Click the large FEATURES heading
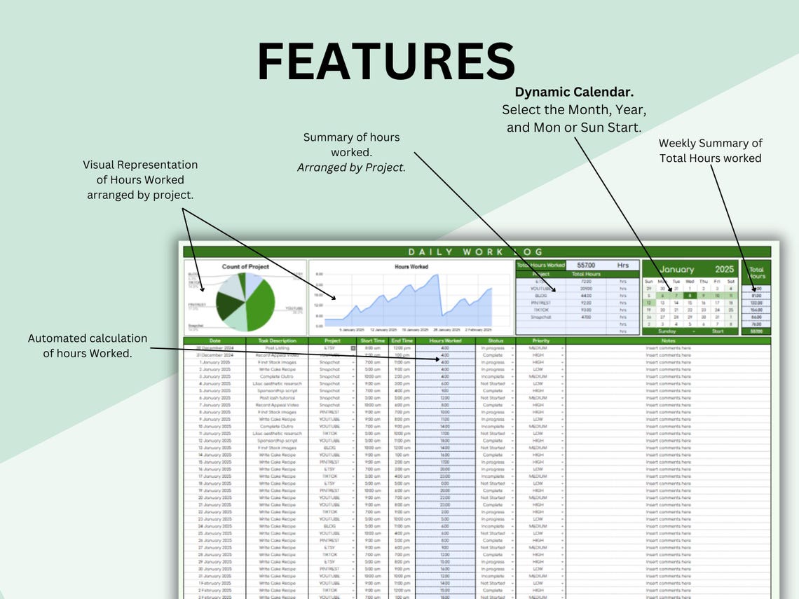coord(386,62)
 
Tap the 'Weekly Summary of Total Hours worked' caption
coord(710,151)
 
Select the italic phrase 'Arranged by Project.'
coord(351,167)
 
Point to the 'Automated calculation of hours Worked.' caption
coord(88,345)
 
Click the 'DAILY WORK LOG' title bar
coord(477,252)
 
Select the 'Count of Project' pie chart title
coord(245,267)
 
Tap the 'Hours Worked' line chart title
coord(411,267)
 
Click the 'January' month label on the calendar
coord(676,270)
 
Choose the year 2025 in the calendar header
coord(724,270)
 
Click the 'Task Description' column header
coord(276,341)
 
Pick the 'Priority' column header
coord(541,341)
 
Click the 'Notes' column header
coord(667,341)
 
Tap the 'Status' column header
coord(495,341)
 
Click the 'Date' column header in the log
coord(214,341)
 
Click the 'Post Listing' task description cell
coord(276,348)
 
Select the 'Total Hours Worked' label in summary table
coord(540,266)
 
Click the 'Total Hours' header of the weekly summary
coord(756,273)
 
